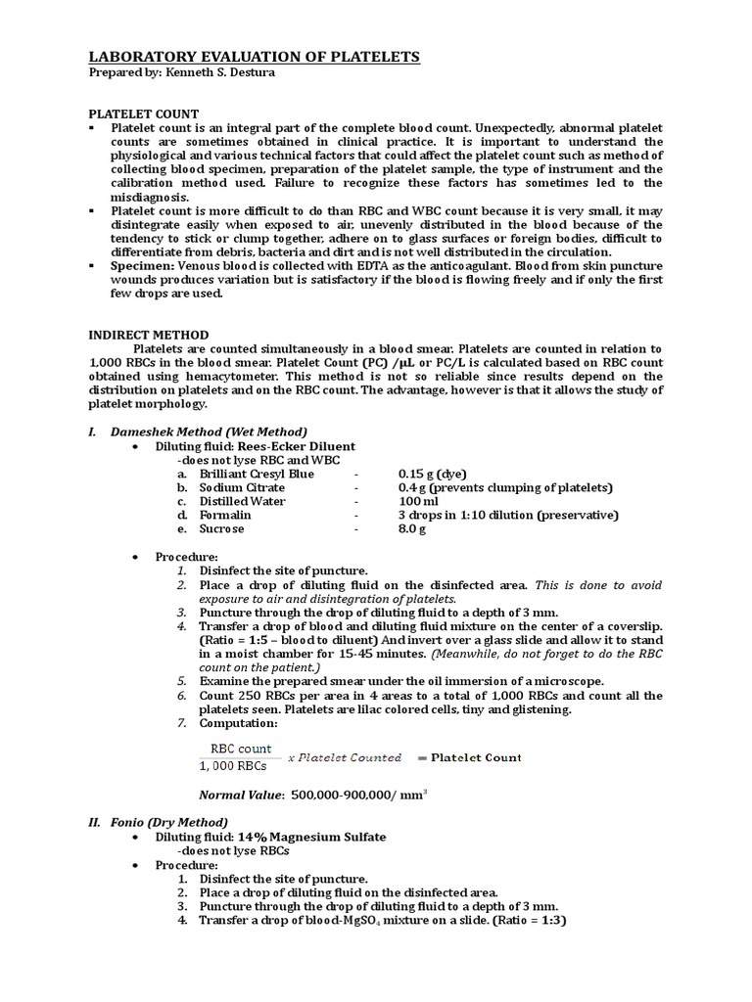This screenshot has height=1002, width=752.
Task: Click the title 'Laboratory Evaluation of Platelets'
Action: coord(255,58)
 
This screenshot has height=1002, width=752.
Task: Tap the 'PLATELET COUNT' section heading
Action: coord(144,114)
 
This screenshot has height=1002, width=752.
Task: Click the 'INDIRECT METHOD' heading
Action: coord(149,335)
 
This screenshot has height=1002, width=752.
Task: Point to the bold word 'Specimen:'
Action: coord(142,266)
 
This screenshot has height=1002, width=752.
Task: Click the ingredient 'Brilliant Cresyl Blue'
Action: coord(258,474)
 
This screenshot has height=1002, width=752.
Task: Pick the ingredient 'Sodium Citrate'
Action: coord(242,487)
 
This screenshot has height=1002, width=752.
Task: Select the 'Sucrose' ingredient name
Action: coord(222,528)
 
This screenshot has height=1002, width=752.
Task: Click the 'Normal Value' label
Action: coord(241,796)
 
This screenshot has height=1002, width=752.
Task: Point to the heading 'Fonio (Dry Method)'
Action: coord(170,822)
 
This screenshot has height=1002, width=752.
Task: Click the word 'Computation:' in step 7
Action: coord(238,723)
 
